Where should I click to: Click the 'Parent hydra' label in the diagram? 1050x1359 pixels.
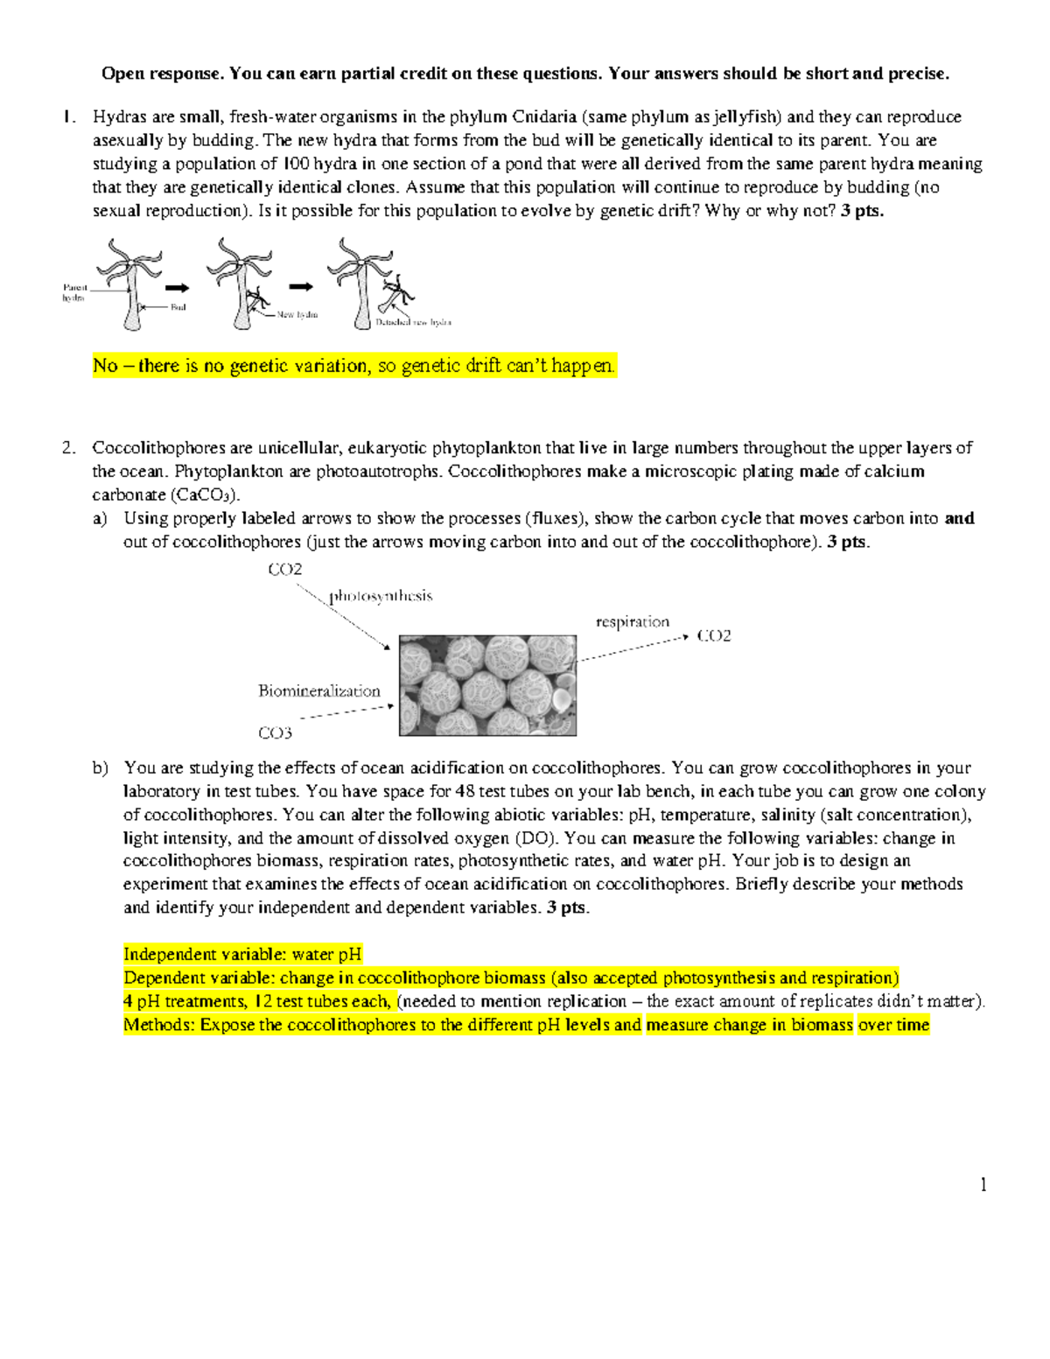pyautogui.click(x=74, y=292)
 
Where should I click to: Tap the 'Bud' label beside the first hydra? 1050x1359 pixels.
pyautogui.click(x=178, y=307)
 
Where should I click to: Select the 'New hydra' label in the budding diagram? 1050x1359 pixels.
pyautogui.click(x=297, y=314)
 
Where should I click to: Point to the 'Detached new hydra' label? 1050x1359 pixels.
pyautogui.click(x=413, y=322)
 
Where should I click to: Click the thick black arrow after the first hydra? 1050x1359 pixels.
pyautogui.click(x=177, y=287)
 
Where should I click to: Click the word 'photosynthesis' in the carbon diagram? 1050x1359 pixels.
pyautogui.click(x=381, y=596)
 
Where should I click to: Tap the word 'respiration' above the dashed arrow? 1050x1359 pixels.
pyautogui.click(x=632, y=621)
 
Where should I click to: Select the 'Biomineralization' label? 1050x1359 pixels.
pyautogui.click(x=319, y=690)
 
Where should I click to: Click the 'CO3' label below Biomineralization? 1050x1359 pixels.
pyautogui.click(x=275, y=733)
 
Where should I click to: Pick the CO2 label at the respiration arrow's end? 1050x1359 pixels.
pyautogui.click(x=713, y=636)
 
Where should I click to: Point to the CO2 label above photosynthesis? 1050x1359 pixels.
pyautogui.click(x=285, y=570)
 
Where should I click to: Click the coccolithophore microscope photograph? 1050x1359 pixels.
pyautogui.click(x=487, y=685)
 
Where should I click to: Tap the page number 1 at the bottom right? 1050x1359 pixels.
pyautogui.click(x=983, y=1185)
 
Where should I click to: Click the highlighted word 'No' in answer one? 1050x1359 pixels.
pyautogui.click(x=105, y=366)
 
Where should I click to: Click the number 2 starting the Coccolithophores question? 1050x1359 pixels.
pyautogui.click(x=68, y=448)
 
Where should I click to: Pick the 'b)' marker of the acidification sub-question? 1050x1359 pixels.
pyautogui.click(x=101, y=768)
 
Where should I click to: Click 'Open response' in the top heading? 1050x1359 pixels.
pyautogui.click(x=162, y=74)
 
